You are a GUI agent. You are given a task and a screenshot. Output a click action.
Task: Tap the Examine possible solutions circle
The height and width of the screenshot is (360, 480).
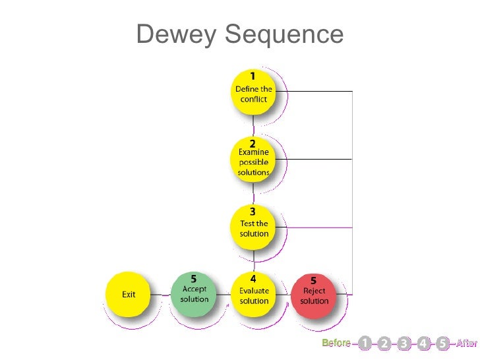coord(253,160)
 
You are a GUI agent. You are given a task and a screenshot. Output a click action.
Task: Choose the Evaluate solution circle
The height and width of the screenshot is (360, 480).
coord(253,293)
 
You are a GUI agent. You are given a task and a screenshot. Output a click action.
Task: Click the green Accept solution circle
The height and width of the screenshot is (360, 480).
coord(193,293)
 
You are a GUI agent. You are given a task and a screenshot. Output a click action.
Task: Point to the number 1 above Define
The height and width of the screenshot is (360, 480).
coord(253,75)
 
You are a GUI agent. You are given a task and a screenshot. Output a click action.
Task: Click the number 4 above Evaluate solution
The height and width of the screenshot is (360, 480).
coord(253,279)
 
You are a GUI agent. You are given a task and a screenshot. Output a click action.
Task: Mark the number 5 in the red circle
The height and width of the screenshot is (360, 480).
coord(314,280)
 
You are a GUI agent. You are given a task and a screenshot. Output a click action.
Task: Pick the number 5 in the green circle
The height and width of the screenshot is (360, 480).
coord(194,279)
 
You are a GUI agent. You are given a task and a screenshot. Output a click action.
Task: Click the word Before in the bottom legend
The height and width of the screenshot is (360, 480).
coord(336,343)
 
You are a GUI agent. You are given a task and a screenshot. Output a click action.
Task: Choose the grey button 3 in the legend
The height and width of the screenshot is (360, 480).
coord(404,343)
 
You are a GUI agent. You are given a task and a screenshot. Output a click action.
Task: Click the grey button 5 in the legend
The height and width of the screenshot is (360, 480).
coord(442,343)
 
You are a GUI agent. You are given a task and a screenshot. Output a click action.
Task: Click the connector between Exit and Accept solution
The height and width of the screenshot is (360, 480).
coord(160,294)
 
